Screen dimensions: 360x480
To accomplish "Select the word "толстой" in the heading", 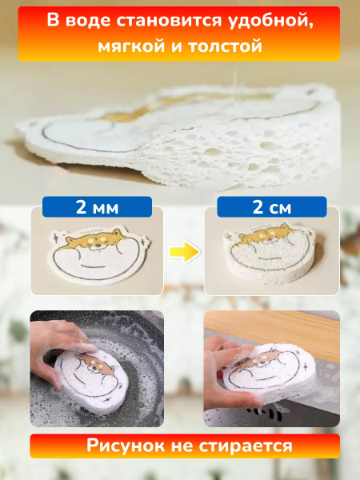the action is (x=225, y=46).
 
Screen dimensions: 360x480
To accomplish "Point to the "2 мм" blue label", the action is (x=97, y=207).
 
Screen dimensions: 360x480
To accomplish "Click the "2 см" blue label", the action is (x=272, y=207).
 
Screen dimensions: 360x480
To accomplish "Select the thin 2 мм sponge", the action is (x=99, y=254).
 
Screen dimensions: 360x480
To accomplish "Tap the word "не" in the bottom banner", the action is (x=182, y=447).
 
